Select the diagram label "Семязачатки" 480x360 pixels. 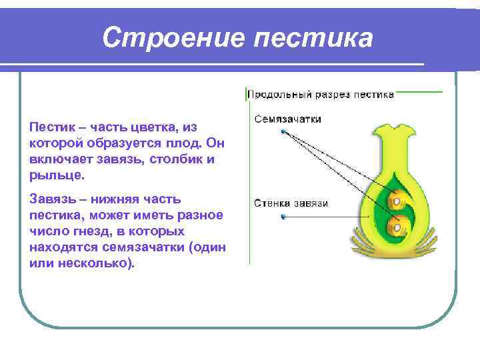[x=287, y=119]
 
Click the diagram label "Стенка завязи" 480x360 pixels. [x=291, y=203]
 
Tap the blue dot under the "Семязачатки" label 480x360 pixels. [x=283, y=132]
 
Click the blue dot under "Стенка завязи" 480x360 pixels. [x=283, y=217]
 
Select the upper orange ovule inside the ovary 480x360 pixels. [x=397, y=198]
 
